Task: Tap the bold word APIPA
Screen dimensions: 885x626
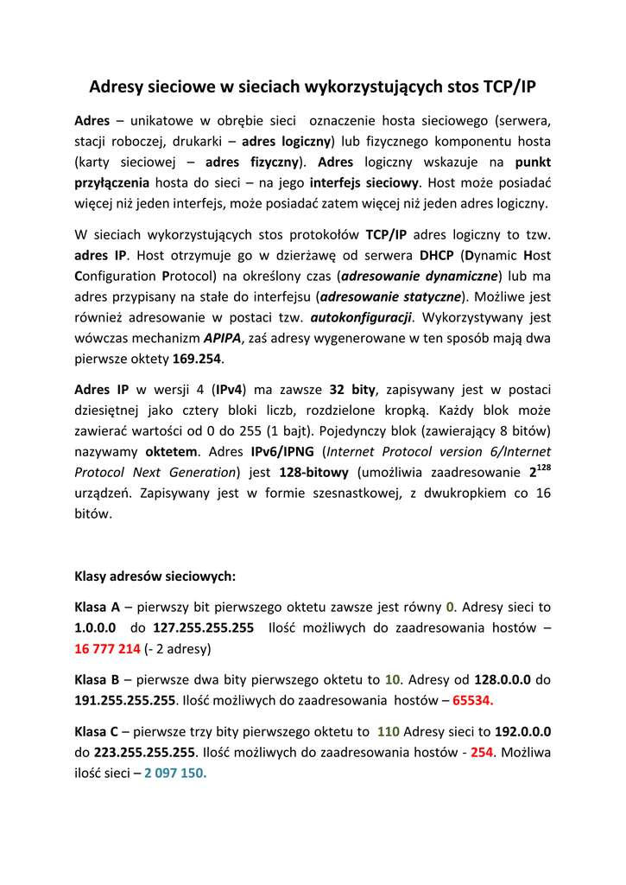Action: pyautogui.click(x=220, y=338)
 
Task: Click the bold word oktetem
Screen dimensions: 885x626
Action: pyautogui.click(x=171, y=451)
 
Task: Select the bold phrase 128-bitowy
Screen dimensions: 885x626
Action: pyautogui.click(x=313, y=473)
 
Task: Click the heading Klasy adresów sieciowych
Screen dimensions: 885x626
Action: pyautogui.click(x=155, y=575)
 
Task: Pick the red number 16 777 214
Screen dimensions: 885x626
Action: pyautogui.click(x=107, y=648)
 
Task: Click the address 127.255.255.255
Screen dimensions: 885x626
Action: pyautogui.click(x=203, y=627)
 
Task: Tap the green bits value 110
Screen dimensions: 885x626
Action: pyautogui.click(x=388, y=731)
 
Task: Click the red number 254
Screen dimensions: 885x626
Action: pyautogui.click(x=482, y=752)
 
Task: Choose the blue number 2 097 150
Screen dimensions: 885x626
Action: pyautogui.click(x=175, y=773)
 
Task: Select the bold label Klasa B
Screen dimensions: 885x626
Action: pyautogui.click(x=97, y=679)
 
